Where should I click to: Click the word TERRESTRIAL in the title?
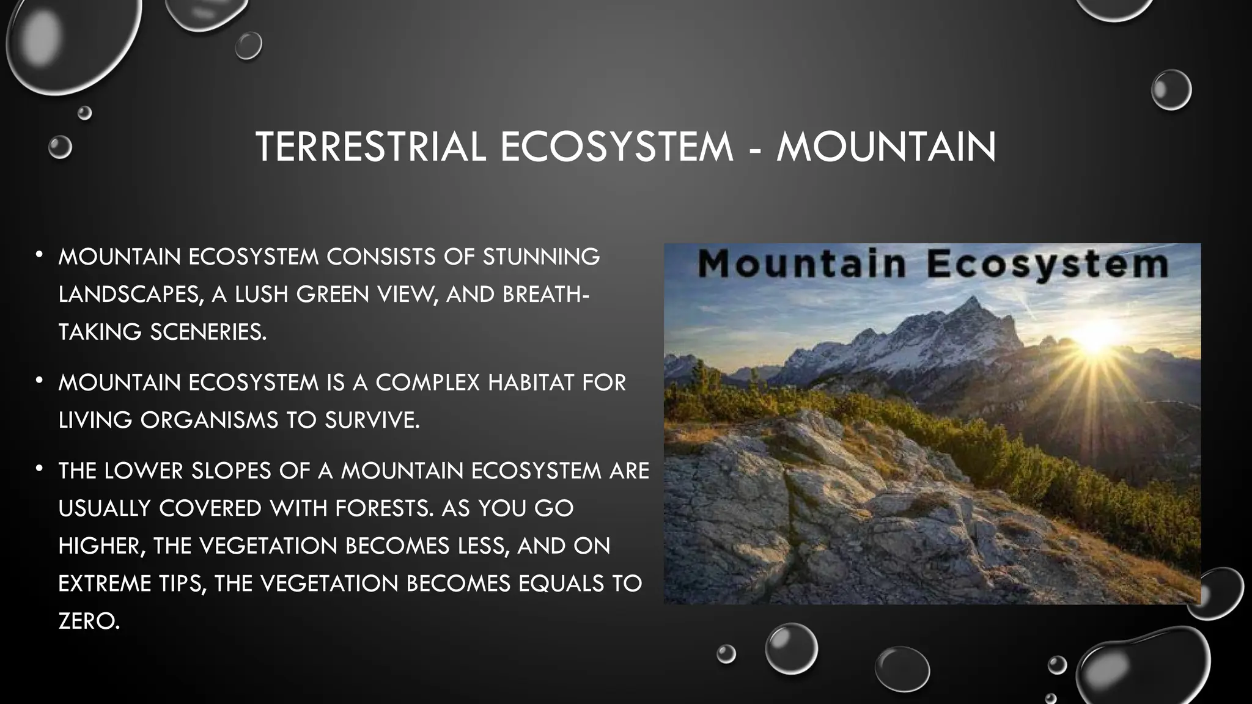[370, 147]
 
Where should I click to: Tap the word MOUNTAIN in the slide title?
[886, 147]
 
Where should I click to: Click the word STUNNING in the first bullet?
[541, 257]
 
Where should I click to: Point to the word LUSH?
[261, 295]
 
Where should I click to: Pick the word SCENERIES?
[208, 332]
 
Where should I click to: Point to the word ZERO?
[89, 621]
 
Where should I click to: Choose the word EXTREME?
[105, 584]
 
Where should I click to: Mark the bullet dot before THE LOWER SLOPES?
[39, 469]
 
